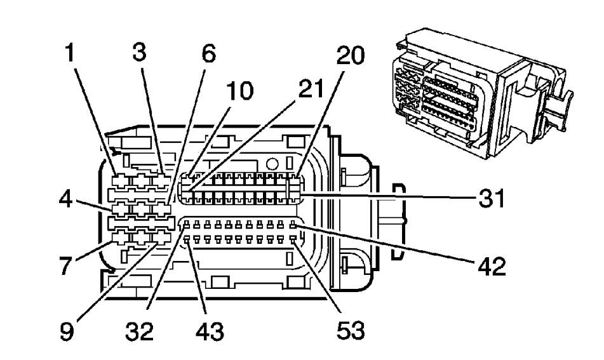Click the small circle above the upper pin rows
pos(274,163)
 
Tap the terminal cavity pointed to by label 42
pos(293,225)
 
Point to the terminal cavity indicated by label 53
pos(293,239)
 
